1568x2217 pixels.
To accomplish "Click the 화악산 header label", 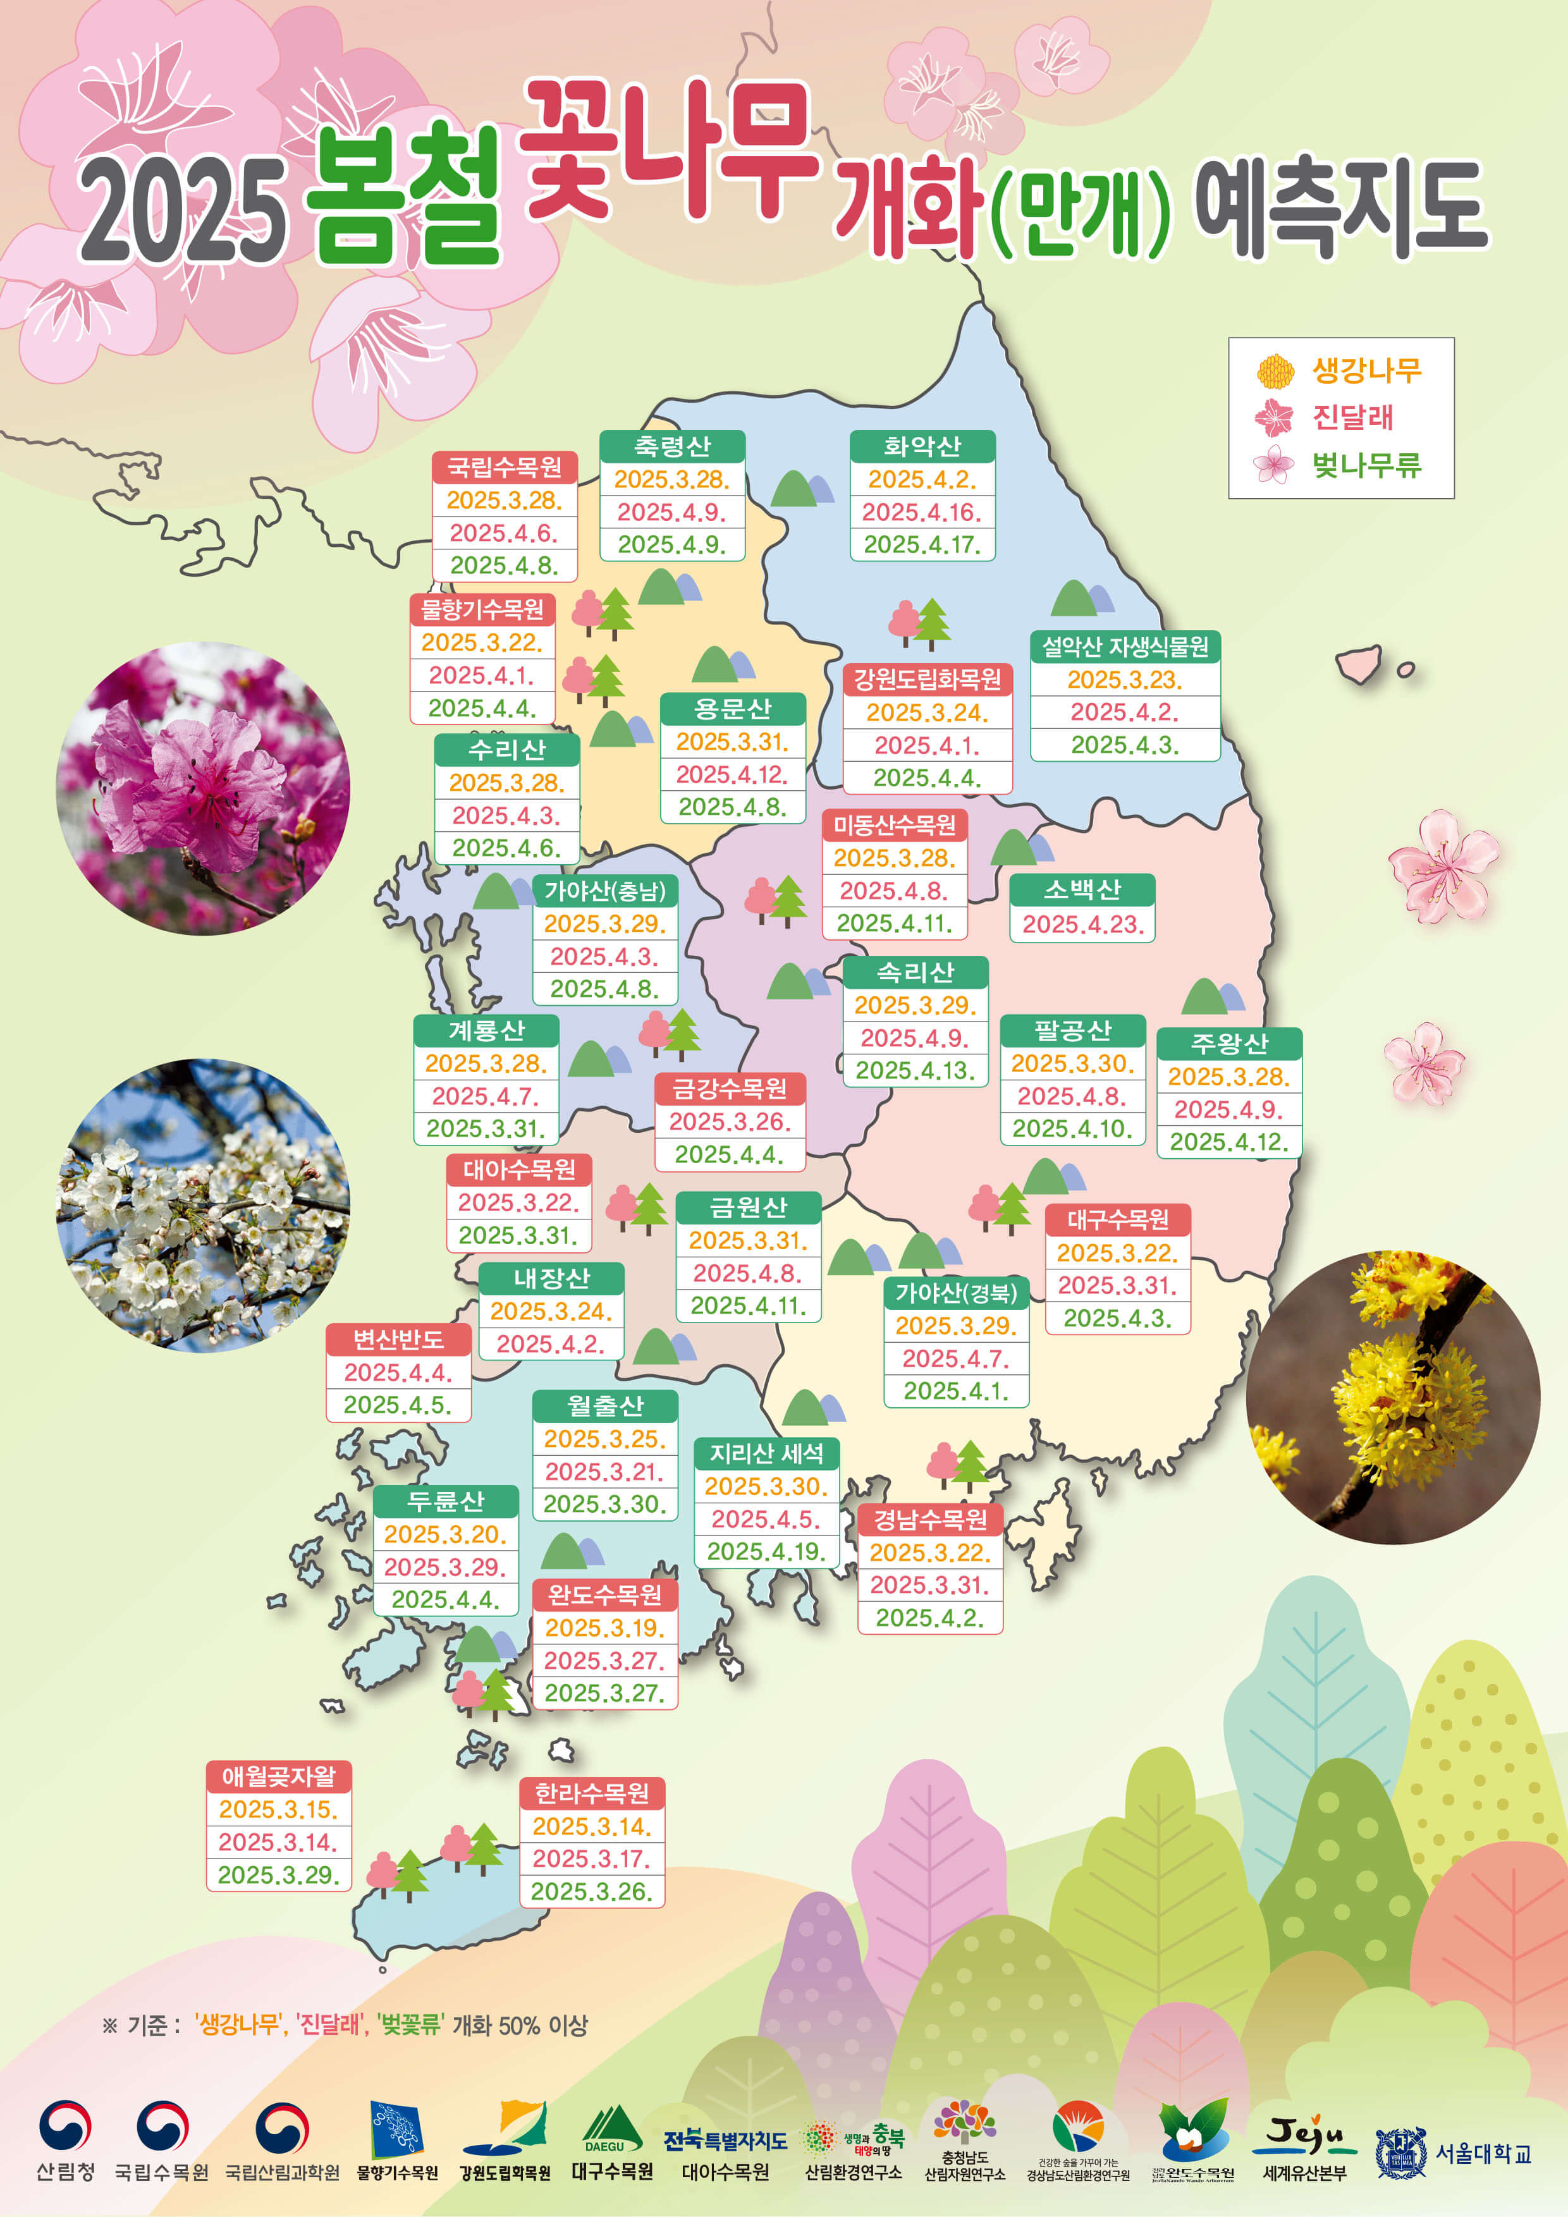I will [922, 446].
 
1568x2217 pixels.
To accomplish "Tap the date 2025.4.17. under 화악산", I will [922, 544].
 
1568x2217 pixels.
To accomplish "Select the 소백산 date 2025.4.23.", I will [1082, 924].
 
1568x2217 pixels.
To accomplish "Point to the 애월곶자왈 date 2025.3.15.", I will [278, 1809].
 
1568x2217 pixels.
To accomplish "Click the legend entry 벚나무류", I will [1365, 465].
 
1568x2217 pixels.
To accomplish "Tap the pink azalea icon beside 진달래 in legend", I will [1273, 418].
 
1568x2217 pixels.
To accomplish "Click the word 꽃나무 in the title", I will [666, 145].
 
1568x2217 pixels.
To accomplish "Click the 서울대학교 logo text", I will [1482, 2153].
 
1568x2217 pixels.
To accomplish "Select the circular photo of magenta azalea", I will [203, 788].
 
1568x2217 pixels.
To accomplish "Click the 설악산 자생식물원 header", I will [1125, 646].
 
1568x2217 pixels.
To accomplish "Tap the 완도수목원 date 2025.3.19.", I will [604, 1628].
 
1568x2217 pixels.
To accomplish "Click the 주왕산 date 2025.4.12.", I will [1229, 1142].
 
